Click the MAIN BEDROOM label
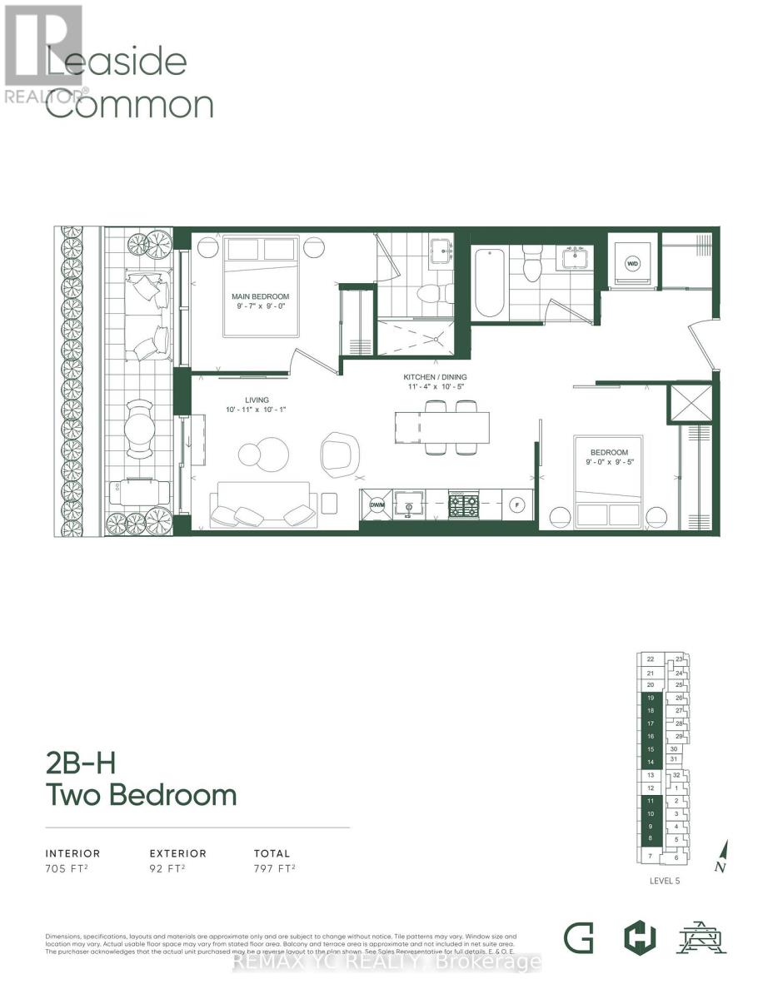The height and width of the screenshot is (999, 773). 261,296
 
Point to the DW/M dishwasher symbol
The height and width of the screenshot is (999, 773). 377,504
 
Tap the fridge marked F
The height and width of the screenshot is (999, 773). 516,504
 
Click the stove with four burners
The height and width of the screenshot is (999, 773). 463,504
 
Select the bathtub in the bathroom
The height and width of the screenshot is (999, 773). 490,283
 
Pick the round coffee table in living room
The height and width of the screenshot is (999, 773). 262,453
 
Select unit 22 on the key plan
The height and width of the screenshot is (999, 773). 650,659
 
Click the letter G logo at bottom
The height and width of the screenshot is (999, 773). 578,938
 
